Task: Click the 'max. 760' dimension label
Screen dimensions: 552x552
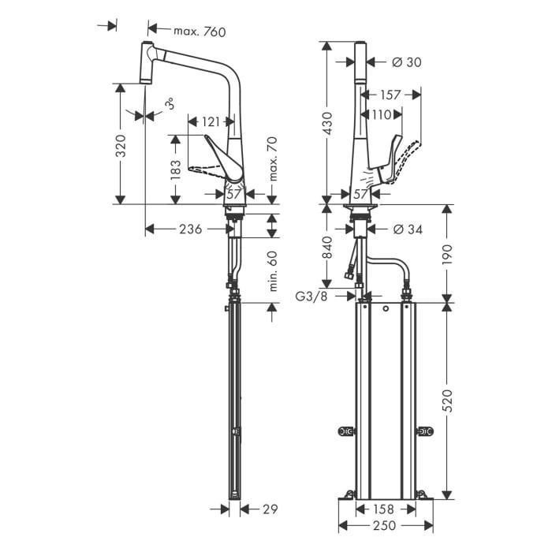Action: tap(200, 32)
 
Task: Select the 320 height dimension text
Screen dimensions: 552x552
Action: tap(121, 146)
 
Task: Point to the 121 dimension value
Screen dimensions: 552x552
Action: tap(211, 121)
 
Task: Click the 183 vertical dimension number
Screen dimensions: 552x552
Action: tap(175, 169)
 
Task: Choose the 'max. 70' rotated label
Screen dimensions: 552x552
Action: tap(272, 158)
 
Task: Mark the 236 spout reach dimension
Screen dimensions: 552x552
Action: tap(189, 229)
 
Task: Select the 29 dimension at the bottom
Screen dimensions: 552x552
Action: tap(269, 509)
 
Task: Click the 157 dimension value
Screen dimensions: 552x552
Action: tap(390, 95)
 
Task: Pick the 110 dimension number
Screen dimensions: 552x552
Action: tap(382, 115)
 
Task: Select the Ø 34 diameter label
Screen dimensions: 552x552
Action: tap(407, 229)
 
